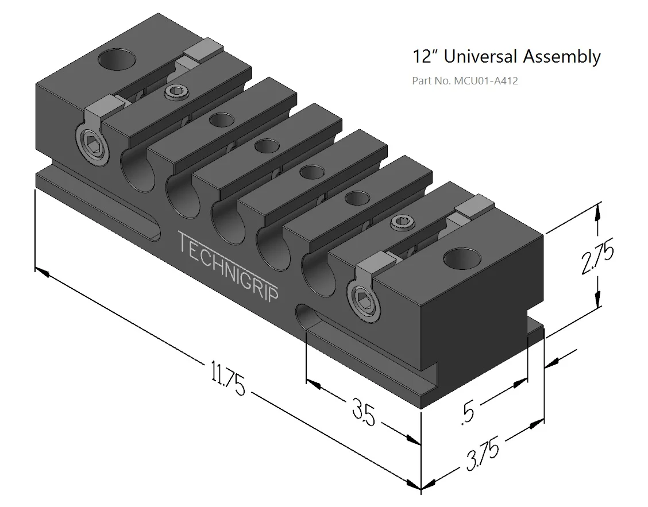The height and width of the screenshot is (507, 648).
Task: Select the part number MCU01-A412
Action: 485,81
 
